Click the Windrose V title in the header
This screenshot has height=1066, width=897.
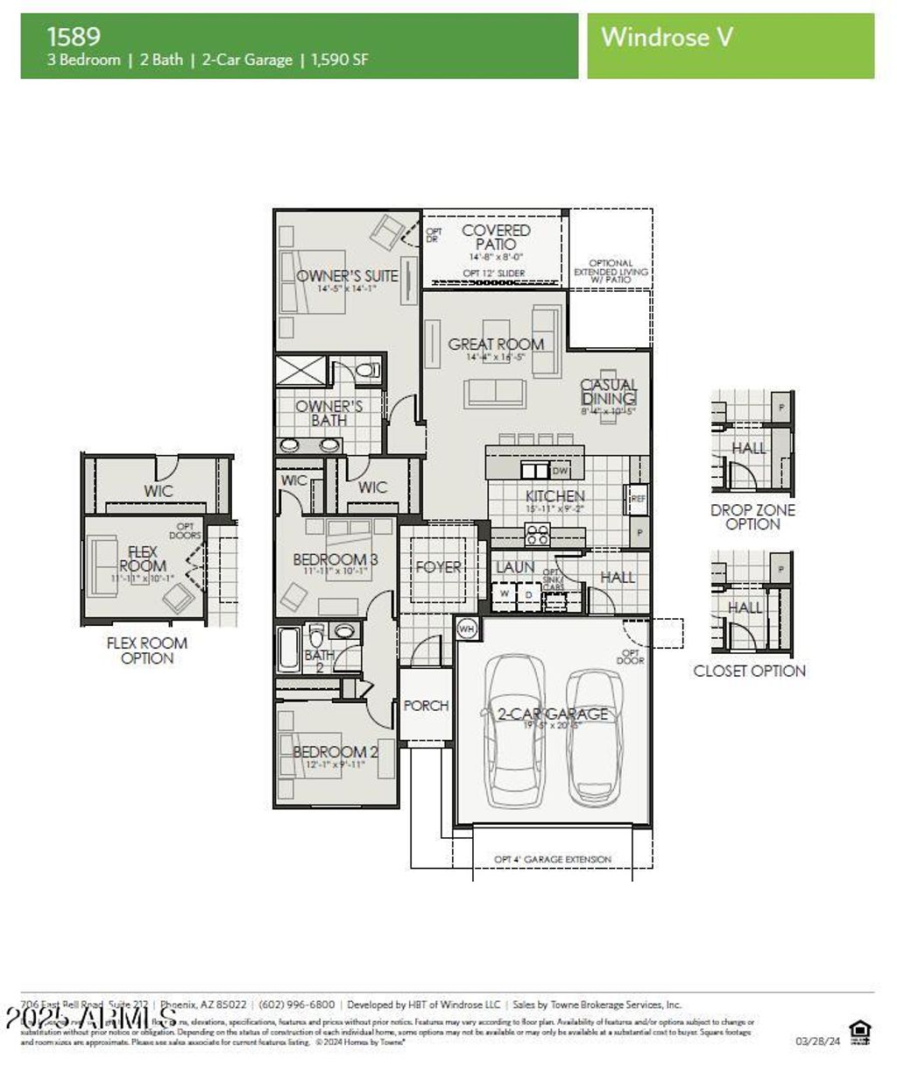pos(667,37)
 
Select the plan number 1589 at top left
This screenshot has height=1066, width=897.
pos(74,36)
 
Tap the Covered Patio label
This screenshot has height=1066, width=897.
pos(496,238)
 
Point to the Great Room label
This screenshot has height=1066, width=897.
pos(496,345)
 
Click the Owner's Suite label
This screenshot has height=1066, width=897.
pos(347,276)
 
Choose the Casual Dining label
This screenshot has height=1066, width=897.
pos(609,392)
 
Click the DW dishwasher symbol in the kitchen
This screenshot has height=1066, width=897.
pos(559,471)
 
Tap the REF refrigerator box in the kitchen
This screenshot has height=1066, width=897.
pos(638,499)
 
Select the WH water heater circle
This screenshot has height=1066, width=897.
pos(466,629)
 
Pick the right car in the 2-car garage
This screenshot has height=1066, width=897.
pos(595,736)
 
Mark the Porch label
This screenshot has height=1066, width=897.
pos(426,706)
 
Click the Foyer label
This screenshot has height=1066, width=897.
pos(438,567)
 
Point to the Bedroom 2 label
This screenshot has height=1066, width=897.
pos(335,752)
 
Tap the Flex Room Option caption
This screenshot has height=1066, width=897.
pos(147,650)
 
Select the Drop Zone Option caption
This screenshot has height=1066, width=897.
pos(752,517)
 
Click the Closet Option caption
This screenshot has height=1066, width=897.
pos(749,672)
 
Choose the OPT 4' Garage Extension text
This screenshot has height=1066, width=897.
pos(553,859)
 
